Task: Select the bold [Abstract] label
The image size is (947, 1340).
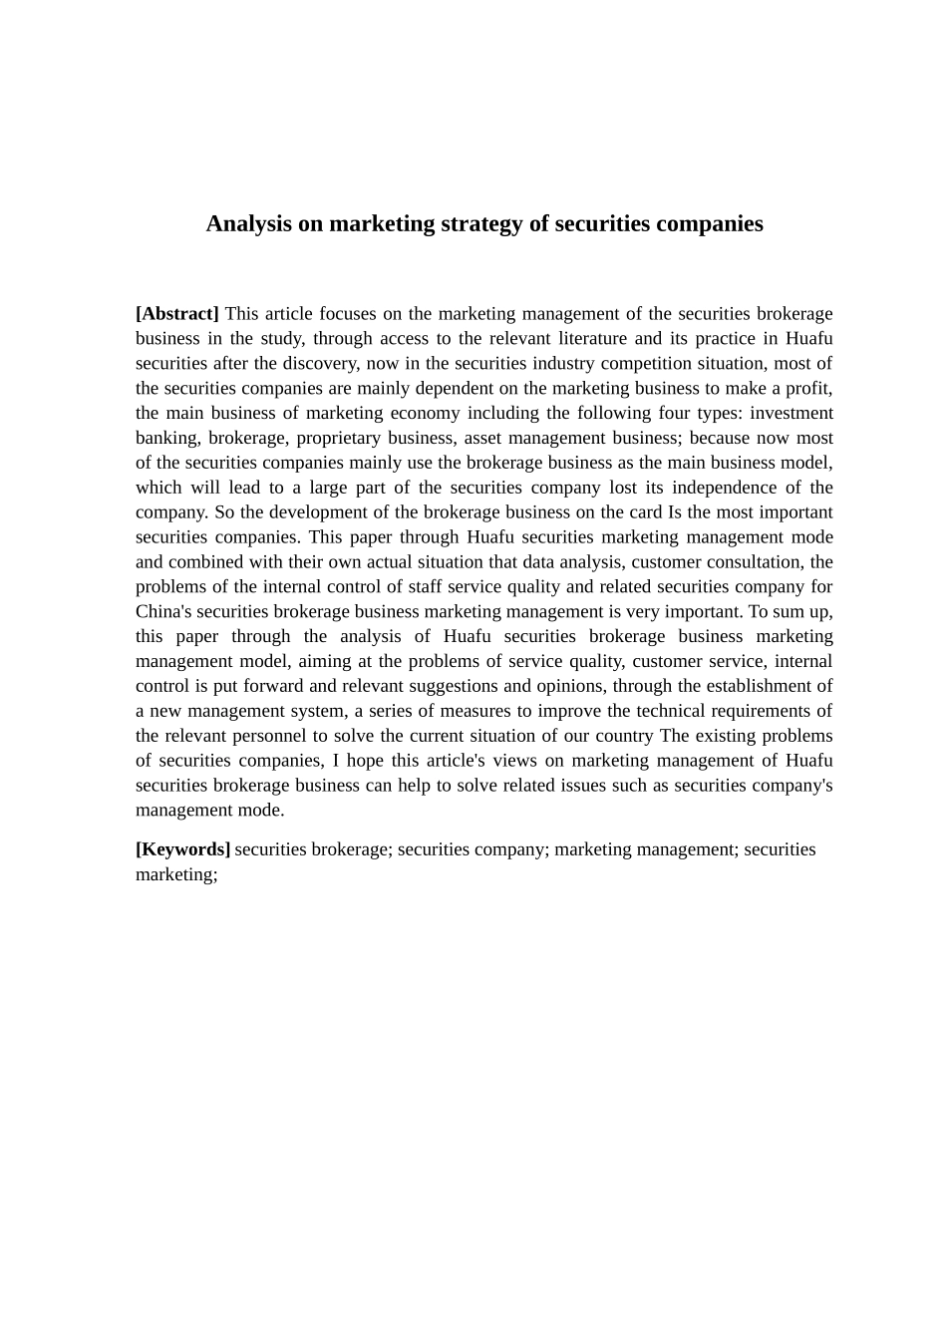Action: (177, 314)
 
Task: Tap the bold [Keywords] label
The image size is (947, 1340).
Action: (182, 849)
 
